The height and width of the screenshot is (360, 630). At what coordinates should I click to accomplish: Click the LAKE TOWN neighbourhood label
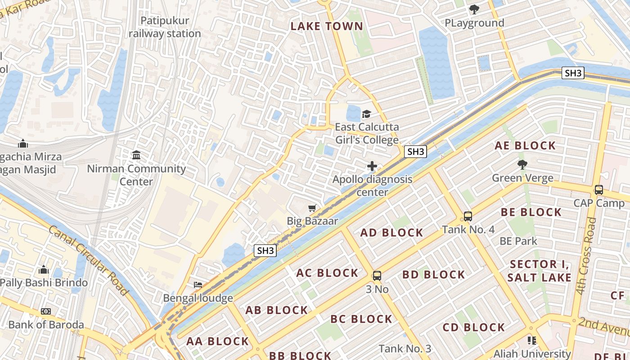click(x=327, y=26)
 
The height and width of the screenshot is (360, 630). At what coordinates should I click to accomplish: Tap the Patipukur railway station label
click(x=165, y=27)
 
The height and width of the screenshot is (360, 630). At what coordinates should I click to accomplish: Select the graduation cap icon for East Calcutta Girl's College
click(x=367, y=114)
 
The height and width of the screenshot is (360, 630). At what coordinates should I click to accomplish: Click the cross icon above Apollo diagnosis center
click(x=372, y=166)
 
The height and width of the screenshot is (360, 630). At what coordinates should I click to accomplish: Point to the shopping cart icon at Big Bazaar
click(x=312, y=208)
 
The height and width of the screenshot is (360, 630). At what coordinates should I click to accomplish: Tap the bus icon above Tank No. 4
click(x=468, y=216)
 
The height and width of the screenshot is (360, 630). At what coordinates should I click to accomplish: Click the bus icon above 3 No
click(x=377, y=276)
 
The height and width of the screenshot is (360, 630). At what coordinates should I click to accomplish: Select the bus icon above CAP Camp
click(x=599, y=190)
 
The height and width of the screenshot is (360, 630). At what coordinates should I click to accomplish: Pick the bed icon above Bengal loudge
click(x=198, y=285)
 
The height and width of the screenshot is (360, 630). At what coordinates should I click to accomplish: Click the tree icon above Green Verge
click(x=522, y=165)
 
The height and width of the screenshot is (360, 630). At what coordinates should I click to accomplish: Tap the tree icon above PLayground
click(x=474, y=9)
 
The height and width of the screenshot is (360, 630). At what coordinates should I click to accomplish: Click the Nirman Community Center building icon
click(x=136, y=155)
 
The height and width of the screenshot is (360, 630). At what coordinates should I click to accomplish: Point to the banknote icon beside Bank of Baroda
click(x=46, y=311)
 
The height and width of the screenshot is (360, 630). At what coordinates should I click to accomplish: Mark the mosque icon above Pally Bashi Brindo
click(x=44, y=270)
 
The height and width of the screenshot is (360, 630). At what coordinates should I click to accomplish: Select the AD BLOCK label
click(x=391, y=233)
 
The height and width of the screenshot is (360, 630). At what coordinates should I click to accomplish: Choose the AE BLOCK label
click(x=525, y=145)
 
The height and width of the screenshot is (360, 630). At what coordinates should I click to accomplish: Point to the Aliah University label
click(x=532, y=354)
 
